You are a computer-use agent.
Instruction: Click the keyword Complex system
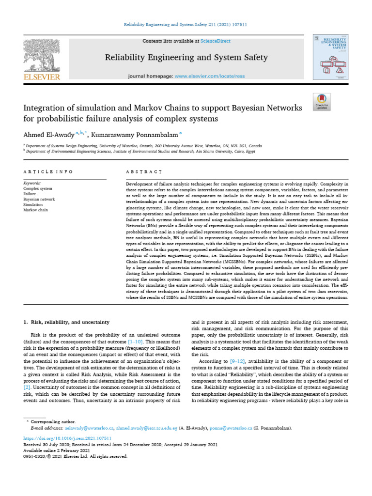click(x=38, y=188)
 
